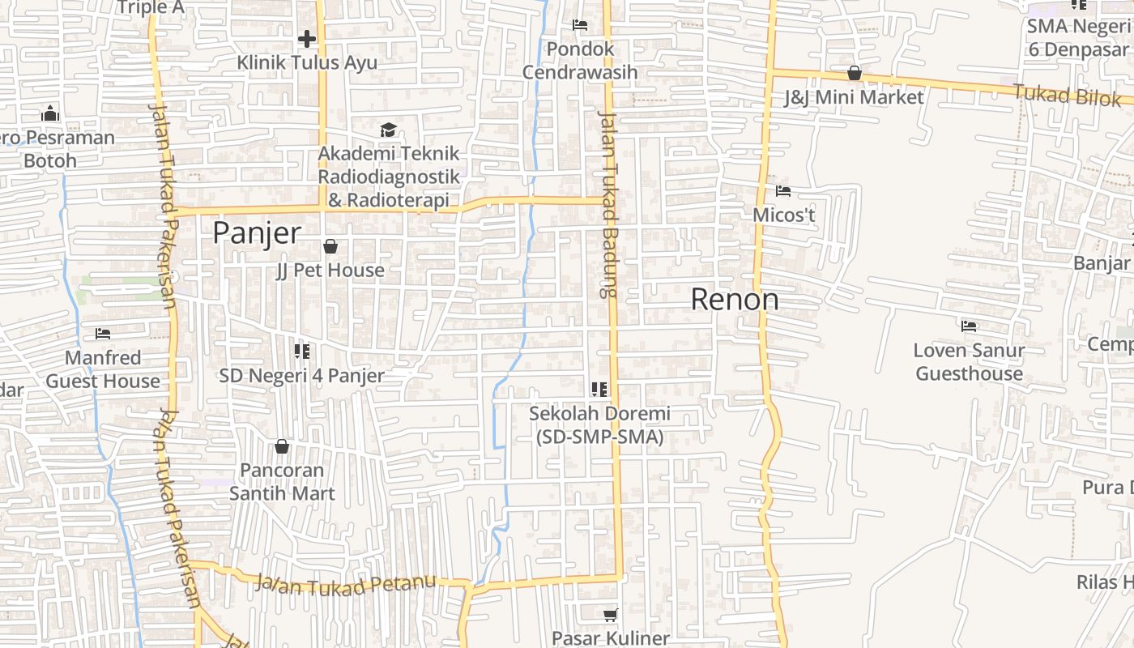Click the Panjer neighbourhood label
pyautogui.click(x=257, y=233)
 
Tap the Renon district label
pyautogui.click(x=735, y=300)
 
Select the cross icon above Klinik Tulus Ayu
pyautogui.click(x=307, y=38)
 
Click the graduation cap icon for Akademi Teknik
pyautogui.click(x=388, y=130)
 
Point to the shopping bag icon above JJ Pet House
pyautogui.click(x=330, y=246)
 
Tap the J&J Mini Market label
pyautogui.click(x=854, y=97)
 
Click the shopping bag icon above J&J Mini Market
pyautogui.click(x=854, y=74)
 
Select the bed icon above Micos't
pyautogui.click(x=783, y=191)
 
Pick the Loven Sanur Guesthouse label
pyautogui.click(x=969, y=362)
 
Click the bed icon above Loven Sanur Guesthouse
pyautogui.click(x=969, y=326)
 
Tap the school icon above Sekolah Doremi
pyautogui.click(x=599, y=390)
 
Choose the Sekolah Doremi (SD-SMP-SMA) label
pyautogui.click(x=599, y=425)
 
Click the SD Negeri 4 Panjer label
pyautogui.click(x=301, y=376)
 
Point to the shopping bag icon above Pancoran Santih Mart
pyautogui.click(x=282, y=446)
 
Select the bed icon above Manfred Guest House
pyautogui.click(x=103, y=333)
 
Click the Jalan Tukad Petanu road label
pyautogui.click(x=345, y=584)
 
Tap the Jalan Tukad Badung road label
pyautogui.click(x=607, y=202)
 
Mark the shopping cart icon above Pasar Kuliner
pyautogui.click(x=610, y=615)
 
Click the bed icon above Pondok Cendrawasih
pyautogui.click(x=580, y=25)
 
